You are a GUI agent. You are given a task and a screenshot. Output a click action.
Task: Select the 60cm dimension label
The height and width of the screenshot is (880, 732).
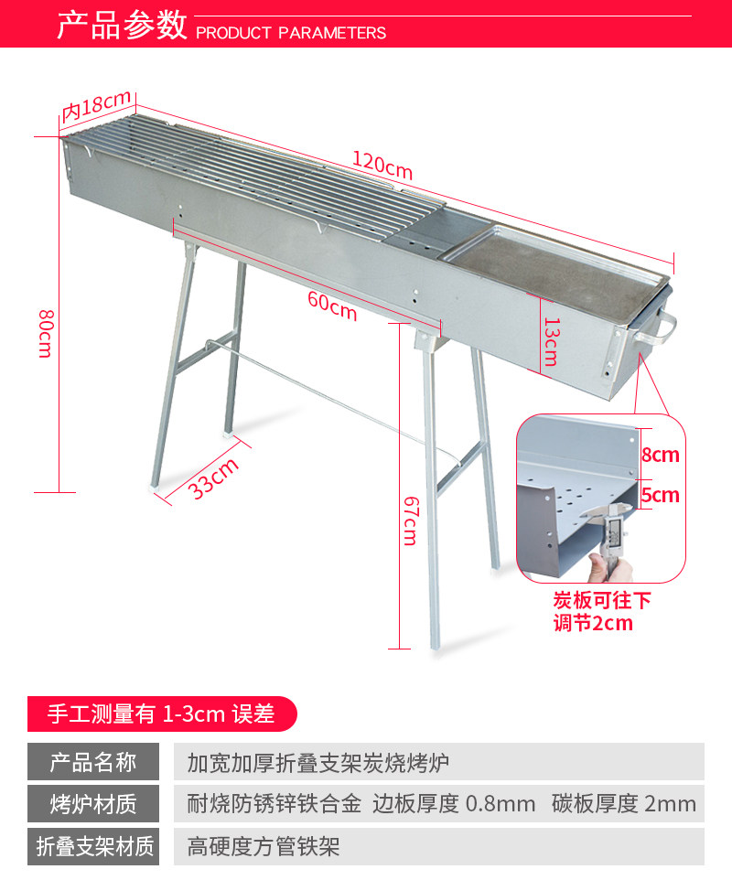(331, 306)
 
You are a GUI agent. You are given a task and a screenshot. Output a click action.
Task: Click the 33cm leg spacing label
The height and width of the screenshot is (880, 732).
(214, 477)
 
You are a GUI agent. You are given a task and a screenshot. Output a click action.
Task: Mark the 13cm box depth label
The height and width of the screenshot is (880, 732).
(549, 341)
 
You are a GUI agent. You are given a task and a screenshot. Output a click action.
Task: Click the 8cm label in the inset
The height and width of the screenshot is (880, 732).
(660, 455)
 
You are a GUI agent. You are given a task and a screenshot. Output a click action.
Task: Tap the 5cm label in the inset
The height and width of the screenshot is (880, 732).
(660, 495)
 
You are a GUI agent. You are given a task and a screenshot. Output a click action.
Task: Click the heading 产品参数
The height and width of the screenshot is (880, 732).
(122, 26)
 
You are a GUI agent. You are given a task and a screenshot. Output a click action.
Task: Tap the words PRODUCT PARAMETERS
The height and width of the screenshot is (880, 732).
(291, 33)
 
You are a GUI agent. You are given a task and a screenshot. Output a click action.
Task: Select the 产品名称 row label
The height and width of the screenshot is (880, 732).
(93, 762)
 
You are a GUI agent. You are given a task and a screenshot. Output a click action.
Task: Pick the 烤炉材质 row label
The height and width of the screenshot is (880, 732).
(93, 804)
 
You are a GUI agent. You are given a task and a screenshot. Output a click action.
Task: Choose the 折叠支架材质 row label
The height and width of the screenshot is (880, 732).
(93, 846)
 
